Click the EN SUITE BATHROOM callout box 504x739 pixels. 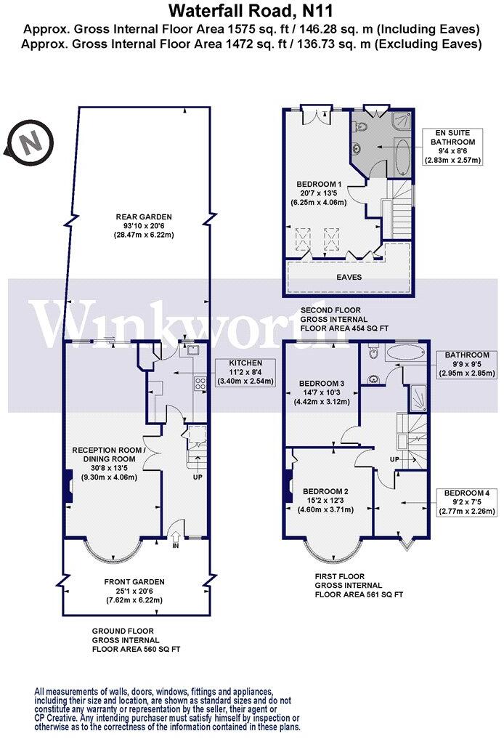(453, 147)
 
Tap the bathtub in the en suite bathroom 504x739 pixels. (402, 156)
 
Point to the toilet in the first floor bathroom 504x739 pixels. (374, 353)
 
